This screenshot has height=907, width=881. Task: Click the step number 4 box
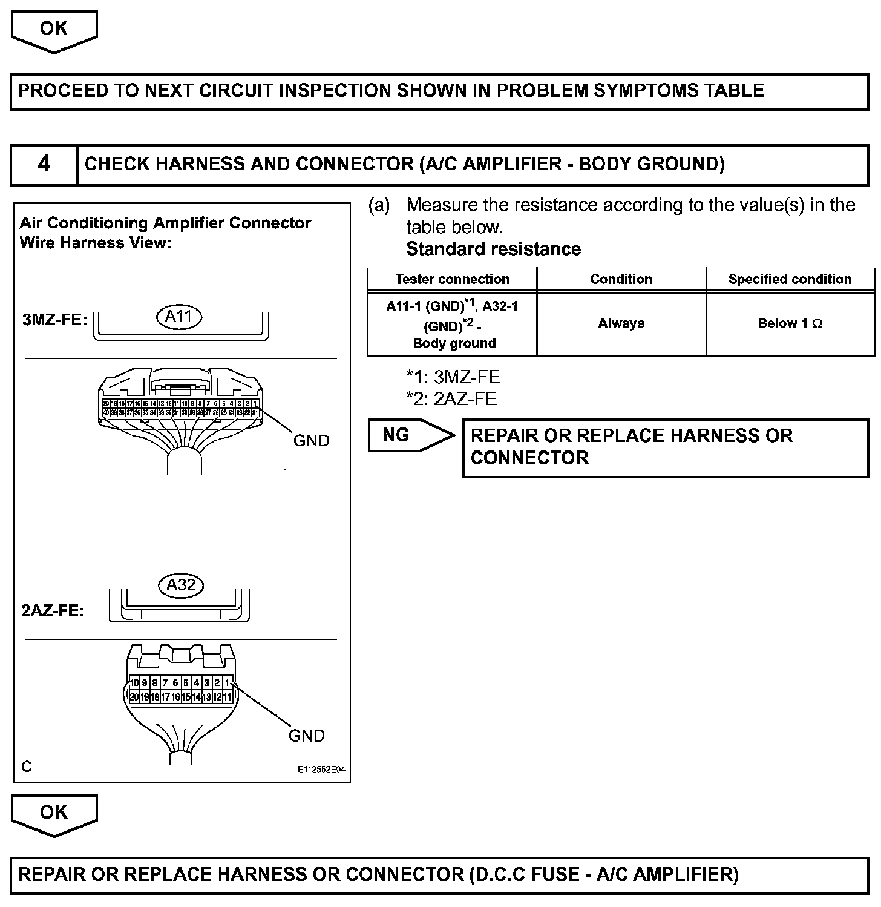click(44, 164)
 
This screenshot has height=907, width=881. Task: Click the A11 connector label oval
click(179, 316)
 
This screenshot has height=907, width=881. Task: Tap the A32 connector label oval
click(180, 585)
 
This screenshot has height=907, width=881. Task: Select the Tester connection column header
click(452, 279)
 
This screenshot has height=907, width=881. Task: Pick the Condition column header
click(621, 279)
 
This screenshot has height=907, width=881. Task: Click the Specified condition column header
click(790, 279)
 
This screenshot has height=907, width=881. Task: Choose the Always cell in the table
click(621, 323)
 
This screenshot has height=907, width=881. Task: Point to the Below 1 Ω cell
click(790, 323)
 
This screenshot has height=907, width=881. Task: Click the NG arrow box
click(405, 435)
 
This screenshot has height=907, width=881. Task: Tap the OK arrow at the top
click(54, 30)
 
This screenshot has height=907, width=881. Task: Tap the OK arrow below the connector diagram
click(54, 814)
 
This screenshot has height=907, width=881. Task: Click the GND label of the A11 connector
click(311, 441)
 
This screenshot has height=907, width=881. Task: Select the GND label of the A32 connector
click(306, 736)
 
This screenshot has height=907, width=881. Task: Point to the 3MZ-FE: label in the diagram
click(55, 320)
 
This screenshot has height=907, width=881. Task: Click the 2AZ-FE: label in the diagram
click(53, 610)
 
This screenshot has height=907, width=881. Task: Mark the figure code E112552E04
click(321, 770)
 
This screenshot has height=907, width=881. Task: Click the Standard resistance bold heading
click(493, 249)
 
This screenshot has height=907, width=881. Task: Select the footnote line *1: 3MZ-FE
click(453, 377)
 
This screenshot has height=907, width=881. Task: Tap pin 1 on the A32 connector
click(227, 683)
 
